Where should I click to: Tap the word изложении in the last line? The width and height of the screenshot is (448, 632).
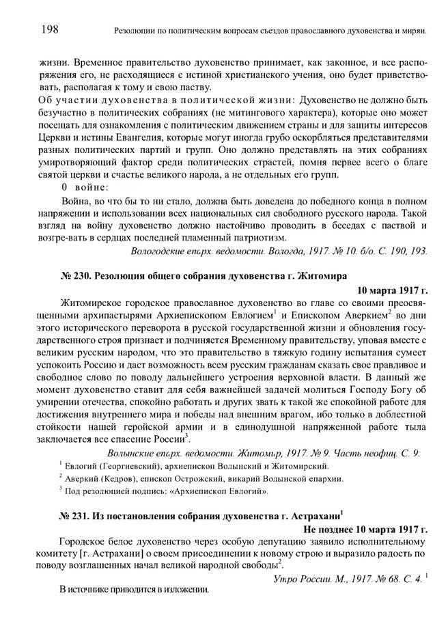(x=184, y=590)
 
